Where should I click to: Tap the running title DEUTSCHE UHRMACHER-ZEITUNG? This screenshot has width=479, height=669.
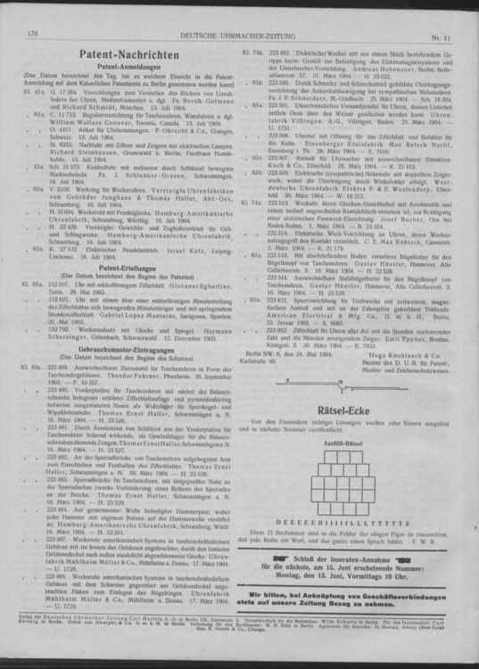(x=239, y=33)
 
